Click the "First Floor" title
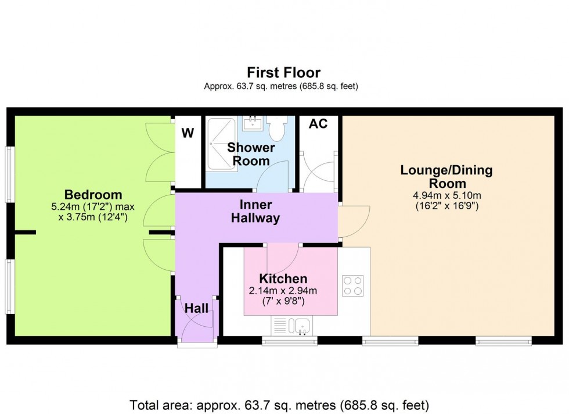283,73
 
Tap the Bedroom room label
93,195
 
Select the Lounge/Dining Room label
446,177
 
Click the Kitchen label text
283,279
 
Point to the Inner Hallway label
255,212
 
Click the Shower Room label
248,154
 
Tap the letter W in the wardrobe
188,133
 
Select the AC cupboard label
318,124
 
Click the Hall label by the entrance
196,309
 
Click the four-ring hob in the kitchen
352,285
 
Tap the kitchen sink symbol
301,326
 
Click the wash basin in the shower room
253,123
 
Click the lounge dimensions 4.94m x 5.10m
446,195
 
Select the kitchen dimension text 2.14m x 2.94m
283,291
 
